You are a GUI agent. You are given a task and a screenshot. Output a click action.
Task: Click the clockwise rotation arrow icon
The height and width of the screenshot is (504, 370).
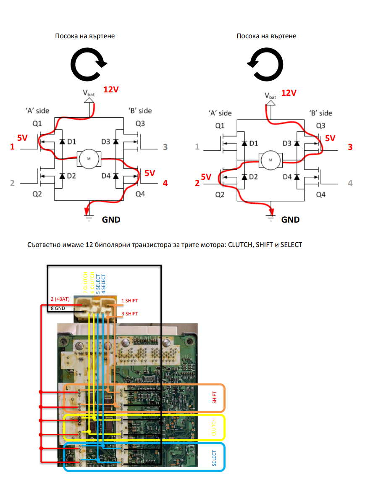(x=88, y=63)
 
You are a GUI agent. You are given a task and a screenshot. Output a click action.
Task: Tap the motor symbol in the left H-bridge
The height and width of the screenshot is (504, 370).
(x=89, y=158)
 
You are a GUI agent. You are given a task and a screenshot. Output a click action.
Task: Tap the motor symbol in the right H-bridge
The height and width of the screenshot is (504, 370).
(x=270, y=160)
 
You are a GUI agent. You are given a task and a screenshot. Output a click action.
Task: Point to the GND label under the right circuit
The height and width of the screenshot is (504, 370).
(x=290, y=220)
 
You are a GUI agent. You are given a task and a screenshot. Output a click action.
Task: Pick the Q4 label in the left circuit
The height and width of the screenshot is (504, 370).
(x=140, y=194)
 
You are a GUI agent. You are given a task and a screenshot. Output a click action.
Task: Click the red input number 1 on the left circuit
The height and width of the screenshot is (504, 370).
(x=13, y=147)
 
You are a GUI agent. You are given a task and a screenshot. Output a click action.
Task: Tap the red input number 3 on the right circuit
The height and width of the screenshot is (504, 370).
(x=350, y=147)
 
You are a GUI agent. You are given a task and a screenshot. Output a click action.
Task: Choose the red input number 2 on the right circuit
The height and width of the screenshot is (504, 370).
(x=197, y=183)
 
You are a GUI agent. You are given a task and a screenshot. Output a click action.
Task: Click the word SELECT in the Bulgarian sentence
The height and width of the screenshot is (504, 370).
(x=291, y=244)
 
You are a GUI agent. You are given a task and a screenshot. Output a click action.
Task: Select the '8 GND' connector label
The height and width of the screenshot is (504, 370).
(x=58, y=308)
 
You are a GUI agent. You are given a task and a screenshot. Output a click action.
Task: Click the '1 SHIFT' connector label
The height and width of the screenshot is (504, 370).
(x=129, y=301)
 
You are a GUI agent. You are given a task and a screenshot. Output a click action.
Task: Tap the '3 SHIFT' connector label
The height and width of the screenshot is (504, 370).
(x=129, y=314)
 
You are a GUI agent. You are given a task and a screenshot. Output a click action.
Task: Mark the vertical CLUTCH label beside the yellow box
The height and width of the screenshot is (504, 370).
(x=214, y=427)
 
